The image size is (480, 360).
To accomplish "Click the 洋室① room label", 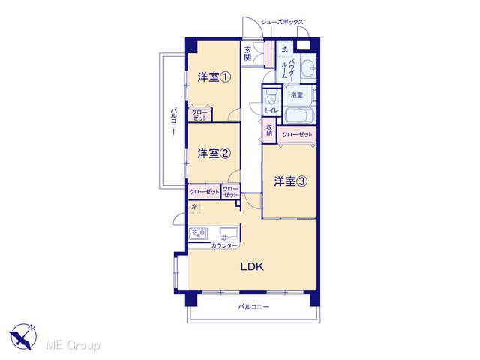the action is [x=214, y=77].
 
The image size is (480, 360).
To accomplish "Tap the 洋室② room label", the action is [x=214, y=153].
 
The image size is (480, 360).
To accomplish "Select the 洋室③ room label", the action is [x=290, y=181].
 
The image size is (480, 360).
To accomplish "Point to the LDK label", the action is [x=252, y=267].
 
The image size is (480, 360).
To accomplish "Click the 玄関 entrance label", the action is [x=247, y=54].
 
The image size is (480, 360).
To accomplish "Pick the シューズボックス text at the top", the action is [x=282, y=22].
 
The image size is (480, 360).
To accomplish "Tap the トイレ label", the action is [x=271, y=110].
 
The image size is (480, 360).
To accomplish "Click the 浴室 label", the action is [x=297, y=95].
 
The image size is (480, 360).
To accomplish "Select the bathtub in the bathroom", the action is [x=299, y=115].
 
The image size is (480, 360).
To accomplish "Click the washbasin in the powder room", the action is [x=307, y=65].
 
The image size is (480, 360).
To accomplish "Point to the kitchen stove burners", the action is [x=198, y=234].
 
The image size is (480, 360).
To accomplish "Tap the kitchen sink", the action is [x=229, y=233].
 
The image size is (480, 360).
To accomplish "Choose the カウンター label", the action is [x=224, y=245].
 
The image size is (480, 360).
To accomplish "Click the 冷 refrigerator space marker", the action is [x=194, y=207].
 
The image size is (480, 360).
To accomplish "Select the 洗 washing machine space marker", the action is [x=285, y=49].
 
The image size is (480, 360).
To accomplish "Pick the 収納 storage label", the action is [x=269, y=130].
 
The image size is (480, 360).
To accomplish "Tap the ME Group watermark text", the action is [x=73, y=345].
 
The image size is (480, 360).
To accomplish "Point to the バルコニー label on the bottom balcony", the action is [x=253, y=307].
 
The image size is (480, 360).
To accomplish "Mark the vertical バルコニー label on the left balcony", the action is [x=174, y=121].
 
